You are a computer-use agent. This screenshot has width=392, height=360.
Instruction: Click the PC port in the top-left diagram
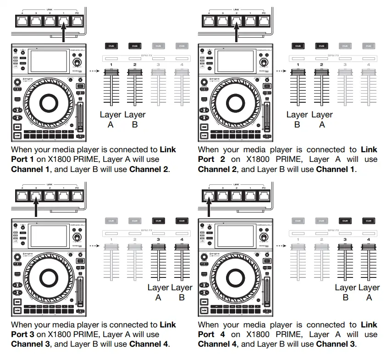(77, 20)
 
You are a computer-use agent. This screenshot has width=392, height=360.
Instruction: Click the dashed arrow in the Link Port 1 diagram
(94, 71)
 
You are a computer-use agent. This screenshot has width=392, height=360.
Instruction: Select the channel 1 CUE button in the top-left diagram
(110, 46)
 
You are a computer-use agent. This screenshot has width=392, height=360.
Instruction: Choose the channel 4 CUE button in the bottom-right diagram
(368, 221)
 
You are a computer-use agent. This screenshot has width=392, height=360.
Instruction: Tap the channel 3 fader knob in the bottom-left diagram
(158, 247)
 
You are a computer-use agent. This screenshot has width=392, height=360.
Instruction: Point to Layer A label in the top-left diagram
(110, 119)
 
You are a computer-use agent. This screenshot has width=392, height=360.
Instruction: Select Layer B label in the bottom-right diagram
(345, 292)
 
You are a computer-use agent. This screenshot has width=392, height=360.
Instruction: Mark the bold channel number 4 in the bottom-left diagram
(182, 240)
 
